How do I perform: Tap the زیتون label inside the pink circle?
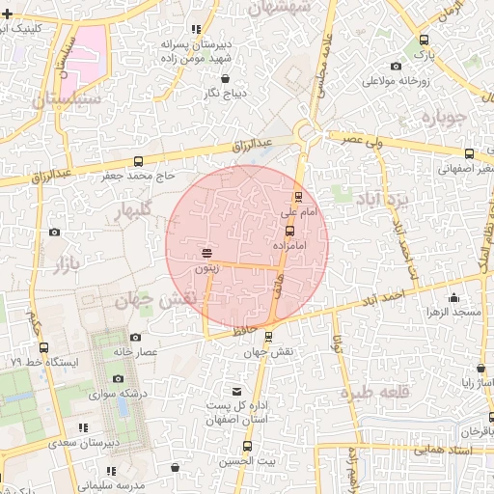207,268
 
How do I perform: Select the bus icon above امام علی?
298,197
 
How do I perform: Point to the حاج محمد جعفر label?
139,177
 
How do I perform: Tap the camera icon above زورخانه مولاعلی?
397,66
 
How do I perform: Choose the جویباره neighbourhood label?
445,117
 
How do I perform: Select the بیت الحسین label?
248,461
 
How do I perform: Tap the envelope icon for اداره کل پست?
237,391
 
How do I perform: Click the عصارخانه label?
135,352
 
